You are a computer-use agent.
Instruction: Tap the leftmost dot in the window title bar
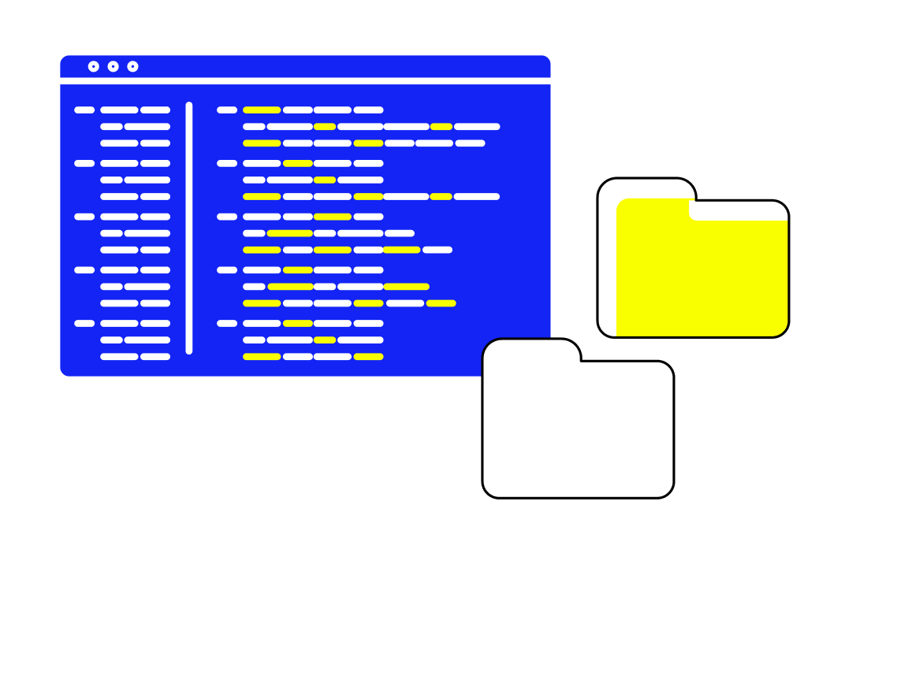pyautogui.click(x=94, y=66)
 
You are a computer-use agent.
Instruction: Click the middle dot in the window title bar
pyautogui.click(x=113, y=66)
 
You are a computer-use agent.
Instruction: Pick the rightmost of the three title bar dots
pyautogui.click(x=132, y=66)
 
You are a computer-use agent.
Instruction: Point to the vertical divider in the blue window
pyautogui.click(x=189, y=227)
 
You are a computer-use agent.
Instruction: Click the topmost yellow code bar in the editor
pyautogui.click(x=262, y=110)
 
